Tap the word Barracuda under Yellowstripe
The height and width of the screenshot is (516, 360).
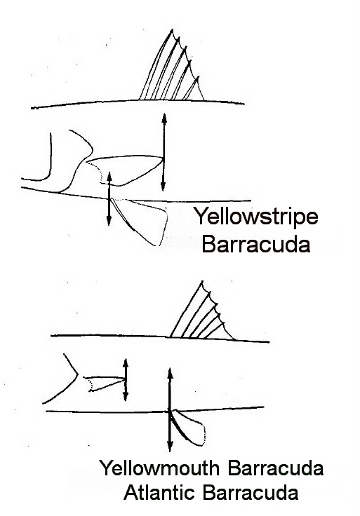tap(256, 245)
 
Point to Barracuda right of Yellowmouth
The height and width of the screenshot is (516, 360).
tap(275, 468)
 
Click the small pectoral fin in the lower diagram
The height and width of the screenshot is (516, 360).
tap(105, 383)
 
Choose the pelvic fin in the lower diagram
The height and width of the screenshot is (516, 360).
tap(188, 428)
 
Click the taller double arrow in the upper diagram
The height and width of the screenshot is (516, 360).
tap(164, 152)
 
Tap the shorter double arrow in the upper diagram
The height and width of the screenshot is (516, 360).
tap(109, 199)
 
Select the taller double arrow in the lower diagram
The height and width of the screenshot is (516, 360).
tap(170, 409)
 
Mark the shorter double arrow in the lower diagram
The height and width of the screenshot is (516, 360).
tap(125, 380)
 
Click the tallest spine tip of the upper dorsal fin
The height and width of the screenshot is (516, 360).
tap(172, 29)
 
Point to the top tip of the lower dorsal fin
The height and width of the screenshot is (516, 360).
tap(202, 281)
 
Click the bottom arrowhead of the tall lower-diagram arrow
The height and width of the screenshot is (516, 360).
tap(170, 447)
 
